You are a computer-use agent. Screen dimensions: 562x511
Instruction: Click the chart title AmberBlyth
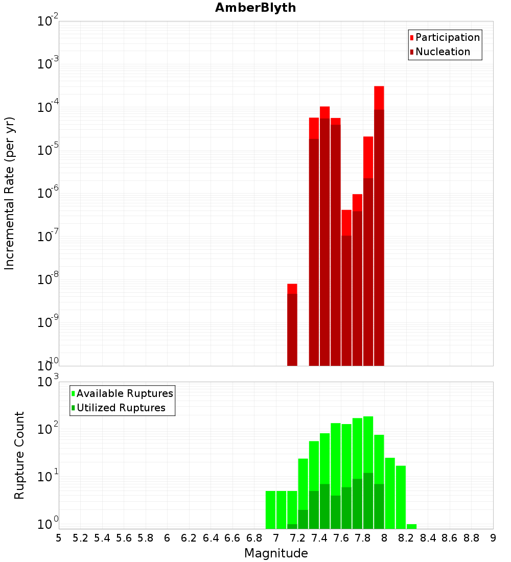pos(255,8)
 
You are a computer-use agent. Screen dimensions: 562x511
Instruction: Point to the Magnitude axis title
pos(276,553)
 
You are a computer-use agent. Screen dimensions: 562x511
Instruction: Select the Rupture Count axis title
pos(19,455)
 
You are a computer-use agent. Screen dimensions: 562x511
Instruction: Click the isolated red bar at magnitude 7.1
pos(292,327)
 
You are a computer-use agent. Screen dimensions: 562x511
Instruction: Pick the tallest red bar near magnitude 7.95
pos(379,225)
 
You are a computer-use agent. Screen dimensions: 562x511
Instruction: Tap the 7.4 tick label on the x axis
pos(319,538)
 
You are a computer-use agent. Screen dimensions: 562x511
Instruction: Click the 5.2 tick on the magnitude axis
pos(81,538)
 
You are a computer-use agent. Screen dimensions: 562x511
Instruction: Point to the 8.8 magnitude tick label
pos(472,538)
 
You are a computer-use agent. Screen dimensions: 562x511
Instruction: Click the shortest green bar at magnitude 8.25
pos(412,526)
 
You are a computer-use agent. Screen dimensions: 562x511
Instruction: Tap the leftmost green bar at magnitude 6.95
pos(271,509)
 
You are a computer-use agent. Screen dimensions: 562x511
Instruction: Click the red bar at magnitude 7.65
pos(346,286)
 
